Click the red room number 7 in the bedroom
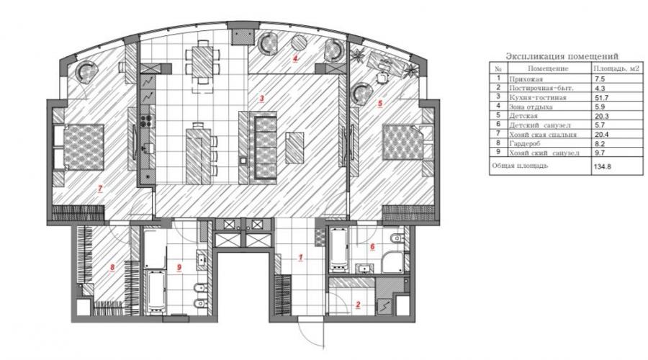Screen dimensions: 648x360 [x=99, y=189]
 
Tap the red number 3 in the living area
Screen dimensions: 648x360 [x=261, y=99]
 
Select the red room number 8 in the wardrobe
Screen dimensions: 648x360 [x=112, y=267]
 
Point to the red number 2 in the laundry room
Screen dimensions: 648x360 [x=358, y=305]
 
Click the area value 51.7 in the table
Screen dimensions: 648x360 [x=601, y=97]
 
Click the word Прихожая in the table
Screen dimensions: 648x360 [x=526, y=78]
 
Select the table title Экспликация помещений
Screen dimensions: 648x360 [x=562, y=56]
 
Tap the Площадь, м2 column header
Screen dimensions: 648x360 [x=616, y=68]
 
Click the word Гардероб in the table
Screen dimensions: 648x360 [x=525, y=143]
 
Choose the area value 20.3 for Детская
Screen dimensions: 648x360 [x=601, y=116]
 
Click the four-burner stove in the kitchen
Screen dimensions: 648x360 [x=146, y=121]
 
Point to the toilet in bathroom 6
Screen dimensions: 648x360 [x=397, y=238]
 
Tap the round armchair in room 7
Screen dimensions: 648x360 [x=89, y=72]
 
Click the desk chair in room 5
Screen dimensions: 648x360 [x=381, y=78]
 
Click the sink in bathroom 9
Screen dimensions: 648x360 [x=202, y=260]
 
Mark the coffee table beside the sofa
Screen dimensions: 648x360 [x=294, y=148]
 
